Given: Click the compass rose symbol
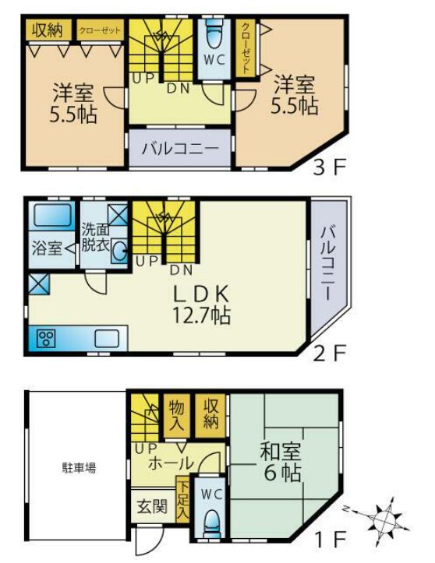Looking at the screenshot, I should click(x=384, y=516).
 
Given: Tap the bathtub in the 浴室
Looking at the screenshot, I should click(x=52, y=215).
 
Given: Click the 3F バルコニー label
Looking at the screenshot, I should click(x=179, y=147).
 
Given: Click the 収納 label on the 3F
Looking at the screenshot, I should click(x=48, y=30).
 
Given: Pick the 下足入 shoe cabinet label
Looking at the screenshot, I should click(x=182, y=499).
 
